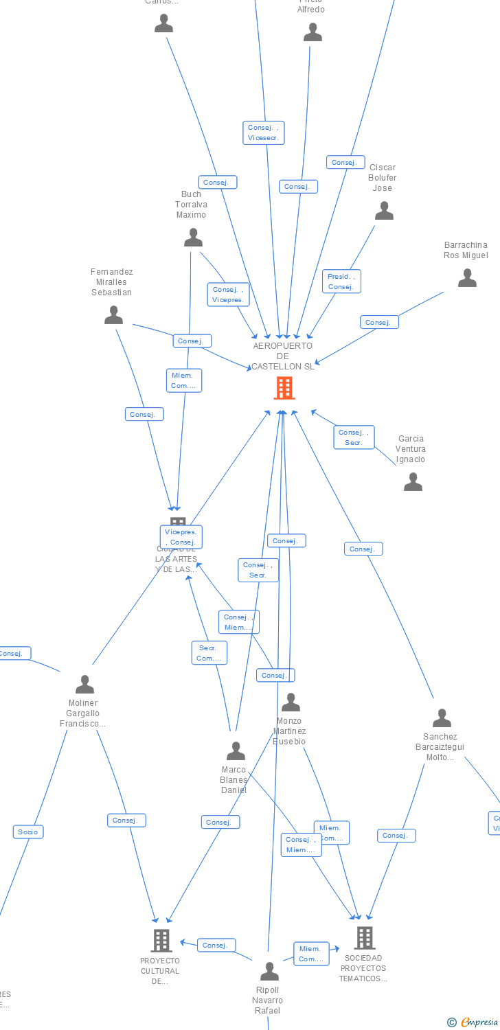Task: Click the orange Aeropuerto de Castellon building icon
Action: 284,388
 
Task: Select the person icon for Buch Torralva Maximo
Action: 194,238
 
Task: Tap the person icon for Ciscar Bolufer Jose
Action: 384,211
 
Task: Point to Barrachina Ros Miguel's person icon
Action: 467,278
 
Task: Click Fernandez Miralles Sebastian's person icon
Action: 113,315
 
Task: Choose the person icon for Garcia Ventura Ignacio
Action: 413,482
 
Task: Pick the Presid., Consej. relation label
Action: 341,282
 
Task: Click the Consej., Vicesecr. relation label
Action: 264,133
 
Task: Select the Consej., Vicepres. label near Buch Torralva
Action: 228,295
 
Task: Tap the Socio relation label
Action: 28,832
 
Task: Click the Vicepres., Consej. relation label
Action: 181,537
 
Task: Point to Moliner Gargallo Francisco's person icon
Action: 84,685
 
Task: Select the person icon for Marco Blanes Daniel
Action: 236,751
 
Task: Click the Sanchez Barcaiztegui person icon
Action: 442,718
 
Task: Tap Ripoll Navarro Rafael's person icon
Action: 269,972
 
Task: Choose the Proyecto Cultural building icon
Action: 161,940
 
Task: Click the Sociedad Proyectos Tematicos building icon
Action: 364,937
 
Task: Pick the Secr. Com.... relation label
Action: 209,653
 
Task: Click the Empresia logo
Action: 473,1022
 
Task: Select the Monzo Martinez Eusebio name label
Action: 289,731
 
